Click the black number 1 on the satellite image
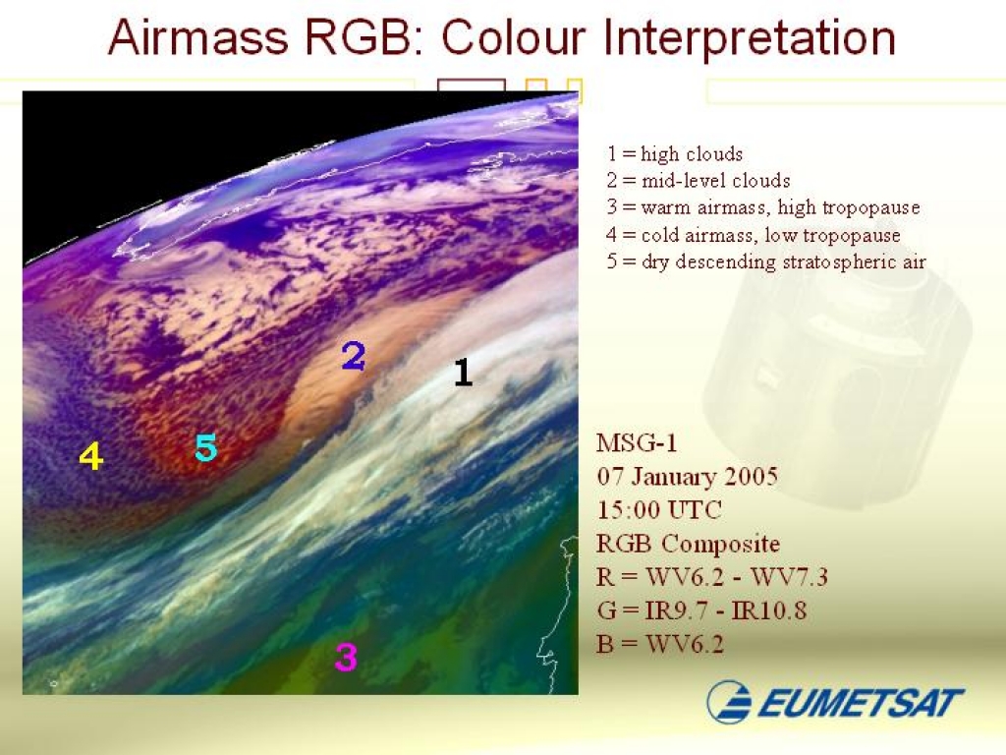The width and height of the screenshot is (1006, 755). tap(464, 372)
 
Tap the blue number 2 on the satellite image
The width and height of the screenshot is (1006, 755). tap(354, 356)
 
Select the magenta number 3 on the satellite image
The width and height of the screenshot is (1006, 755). tap(346, 657)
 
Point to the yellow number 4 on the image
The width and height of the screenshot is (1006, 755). tap(91, 456)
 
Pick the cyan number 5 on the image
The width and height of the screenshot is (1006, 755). tap(206, 447)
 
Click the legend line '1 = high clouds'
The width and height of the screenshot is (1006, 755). tap(675, 153)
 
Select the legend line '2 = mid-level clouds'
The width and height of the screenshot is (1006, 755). tap(699, 181)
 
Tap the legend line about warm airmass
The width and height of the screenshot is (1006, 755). tap(762, 207)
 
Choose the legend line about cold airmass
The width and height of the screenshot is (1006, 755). tap(754, 234)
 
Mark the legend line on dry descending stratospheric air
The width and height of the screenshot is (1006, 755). tap(766, 261)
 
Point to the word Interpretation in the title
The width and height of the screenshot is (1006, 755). tap(749, 38)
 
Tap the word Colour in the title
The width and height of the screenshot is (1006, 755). tap(513, 37)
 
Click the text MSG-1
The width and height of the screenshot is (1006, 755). tap(637, 443)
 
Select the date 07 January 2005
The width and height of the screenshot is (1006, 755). tap(687, 477)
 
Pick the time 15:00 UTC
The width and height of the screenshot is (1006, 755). tap(659, 510)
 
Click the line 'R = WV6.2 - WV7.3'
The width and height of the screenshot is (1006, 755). tap(711, 576)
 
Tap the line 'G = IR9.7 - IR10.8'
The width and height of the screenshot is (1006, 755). tap(701, 610)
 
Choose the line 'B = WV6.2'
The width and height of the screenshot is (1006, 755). tap(660, 643)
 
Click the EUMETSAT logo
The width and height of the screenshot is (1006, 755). tap(835, 702)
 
